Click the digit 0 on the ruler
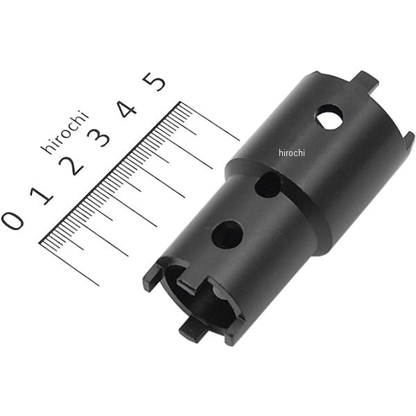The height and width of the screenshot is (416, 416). tap(12, 220)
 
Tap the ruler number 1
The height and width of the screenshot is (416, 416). tap(42, 196)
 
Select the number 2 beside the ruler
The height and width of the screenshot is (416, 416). tap(71, 166)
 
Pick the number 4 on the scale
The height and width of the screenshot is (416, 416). tap(127, 109)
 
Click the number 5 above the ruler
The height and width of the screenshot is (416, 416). tap(154, 81)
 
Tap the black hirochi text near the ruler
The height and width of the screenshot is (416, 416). tap(64, 132)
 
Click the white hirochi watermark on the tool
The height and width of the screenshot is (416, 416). tap(292, 153)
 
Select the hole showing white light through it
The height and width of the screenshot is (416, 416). tap(329, 118)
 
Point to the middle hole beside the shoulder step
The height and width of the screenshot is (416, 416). tap(268, 184)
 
